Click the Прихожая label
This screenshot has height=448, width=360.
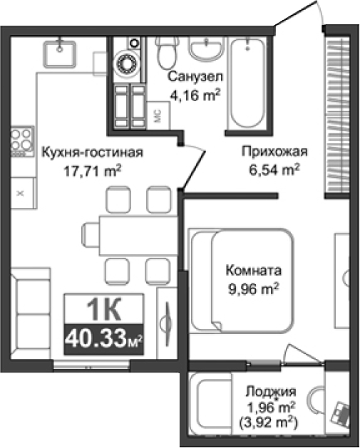tap(274, 151)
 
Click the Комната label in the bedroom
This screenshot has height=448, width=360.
tap(253, 271)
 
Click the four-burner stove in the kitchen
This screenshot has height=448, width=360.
tap(22, 140)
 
